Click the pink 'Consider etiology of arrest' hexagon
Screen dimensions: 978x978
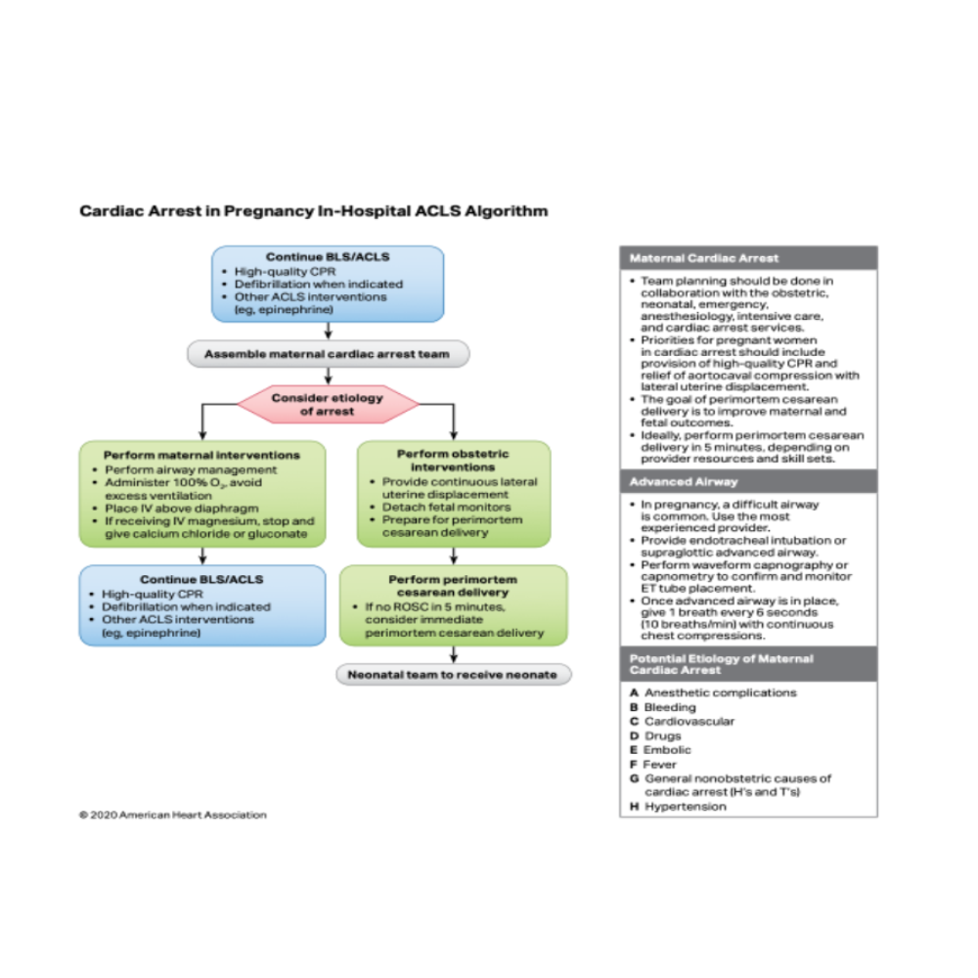coord(328,404)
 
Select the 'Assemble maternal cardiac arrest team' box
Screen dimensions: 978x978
coord(328,354)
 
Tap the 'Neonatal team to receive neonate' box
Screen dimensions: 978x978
coord(453,674)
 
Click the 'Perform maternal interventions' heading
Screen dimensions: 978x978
coord(201,455)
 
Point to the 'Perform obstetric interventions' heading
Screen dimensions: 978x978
coord(453,461)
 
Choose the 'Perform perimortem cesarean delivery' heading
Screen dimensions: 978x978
coord(453,586)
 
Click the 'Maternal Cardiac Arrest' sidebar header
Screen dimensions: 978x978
coord(704,258)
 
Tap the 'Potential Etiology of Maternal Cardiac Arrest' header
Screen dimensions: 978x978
coord(721,664)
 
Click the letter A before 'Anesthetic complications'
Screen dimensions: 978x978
coord(635,693)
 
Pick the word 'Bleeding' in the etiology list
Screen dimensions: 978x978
coord(670,707)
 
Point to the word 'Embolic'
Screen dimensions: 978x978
coord(667,750)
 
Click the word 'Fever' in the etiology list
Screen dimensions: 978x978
coord(660,765)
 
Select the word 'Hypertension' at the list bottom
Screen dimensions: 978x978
coord(685,807)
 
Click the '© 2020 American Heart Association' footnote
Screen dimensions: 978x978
coord(173,815)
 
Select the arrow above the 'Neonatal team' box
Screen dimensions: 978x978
coord(454,655)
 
